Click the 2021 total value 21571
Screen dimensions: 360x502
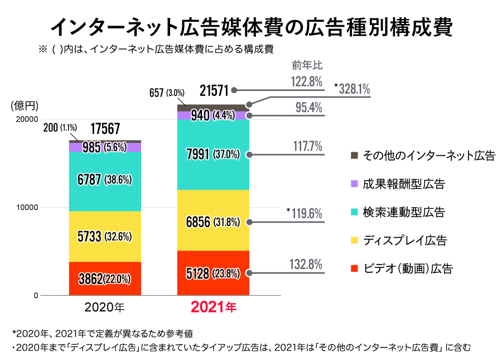[x=214, y=90]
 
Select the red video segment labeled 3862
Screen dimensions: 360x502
[x=105, y=279]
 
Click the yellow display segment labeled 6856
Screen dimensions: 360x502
[x=213, y=222]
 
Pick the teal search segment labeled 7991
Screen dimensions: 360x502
[x=213, y=154]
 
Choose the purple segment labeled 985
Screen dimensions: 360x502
[x=105, y=147]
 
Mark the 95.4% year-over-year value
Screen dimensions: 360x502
[x=308, y=108]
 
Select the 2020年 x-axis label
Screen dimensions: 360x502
[x=104, y=307]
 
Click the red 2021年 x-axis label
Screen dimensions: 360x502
[x=214, y=307]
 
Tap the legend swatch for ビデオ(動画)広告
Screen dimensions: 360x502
[x=354, y=269]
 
